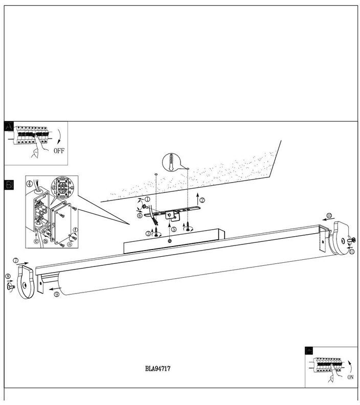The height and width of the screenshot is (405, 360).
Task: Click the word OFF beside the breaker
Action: point(59,151)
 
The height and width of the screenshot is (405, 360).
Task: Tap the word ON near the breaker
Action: point(349,377)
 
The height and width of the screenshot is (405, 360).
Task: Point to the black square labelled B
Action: point(9,185)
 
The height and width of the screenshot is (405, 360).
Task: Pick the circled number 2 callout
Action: point(202,200)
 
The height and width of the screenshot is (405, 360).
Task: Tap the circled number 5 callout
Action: point(173,230)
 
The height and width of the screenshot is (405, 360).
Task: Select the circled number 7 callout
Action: point(16,261)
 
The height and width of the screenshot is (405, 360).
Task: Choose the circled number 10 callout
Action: point(330,216)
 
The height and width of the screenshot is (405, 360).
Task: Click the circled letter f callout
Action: point(75,230)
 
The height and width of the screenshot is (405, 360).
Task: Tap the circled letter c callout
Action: point(36,241)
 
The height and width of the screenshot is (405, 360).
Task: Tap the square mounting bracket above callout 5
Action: point(172,218)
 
